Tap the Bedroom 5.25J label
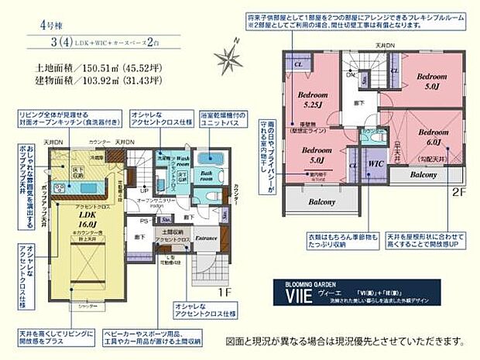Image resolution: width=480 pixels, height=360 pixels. (314, 101)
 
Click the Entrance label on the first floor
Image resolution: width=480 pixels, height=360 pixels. (206, 238)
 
